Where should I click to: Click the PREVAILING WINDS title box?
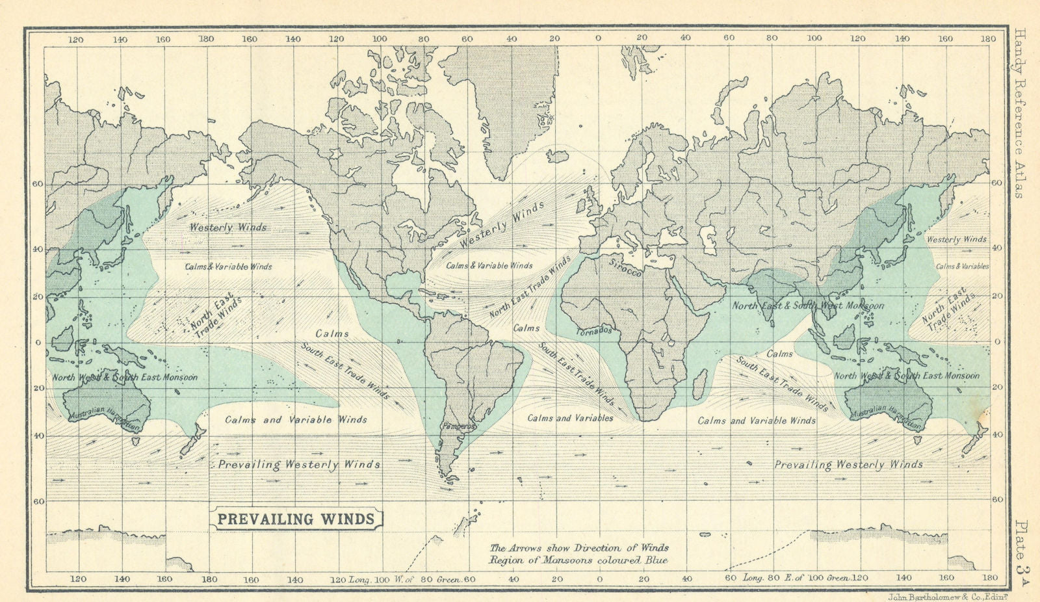point(296,519)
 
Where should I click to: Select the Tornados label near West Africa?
point(594,331)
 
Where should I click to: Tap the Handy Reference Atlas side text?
point(1019,113)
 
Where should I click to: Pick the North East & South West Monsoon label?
point(808,306)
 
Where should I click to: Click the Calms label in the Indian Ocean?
point(779,354)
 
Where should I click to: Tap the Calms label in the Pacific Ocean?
point(332,334)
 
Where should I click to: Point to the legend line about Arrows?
point(578,548)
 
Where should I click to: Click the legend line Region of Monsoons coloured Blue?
point(578,560)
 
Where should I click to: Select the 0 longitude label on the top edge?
point(599,38)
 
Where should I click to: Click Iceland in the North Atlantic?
point(557,156)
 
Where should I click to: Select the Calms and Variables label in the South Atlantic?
point(570,418)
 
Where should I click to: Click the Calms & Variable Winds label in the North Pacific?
point(228,267)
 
